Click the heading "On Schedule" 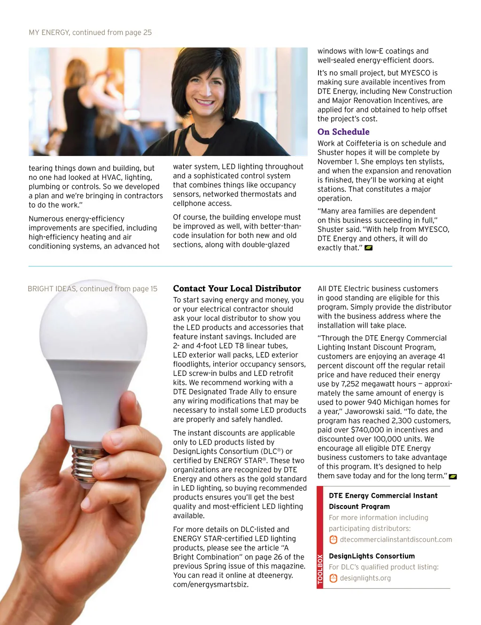pos(343,132)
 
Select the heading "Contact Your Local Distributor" pos(237,289)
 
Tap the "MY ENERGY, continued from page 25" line pos(90,32)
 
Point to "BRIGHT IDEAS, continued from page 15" pos(93,289)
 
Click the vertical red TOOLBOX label pos(320,569)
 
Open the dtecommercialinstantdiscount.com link pos(396,539)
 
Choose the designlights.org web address pos(365,578)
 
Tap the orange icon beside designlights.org pos(333,578)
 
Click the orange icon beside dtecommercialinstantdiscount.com pos(333,539)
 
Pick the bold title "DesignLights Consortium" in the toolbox pos(372,556)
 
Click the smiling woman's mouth pos(204,102)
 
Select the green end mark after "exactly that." pos(369,248)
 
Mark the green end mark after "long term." pos(453,477)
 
